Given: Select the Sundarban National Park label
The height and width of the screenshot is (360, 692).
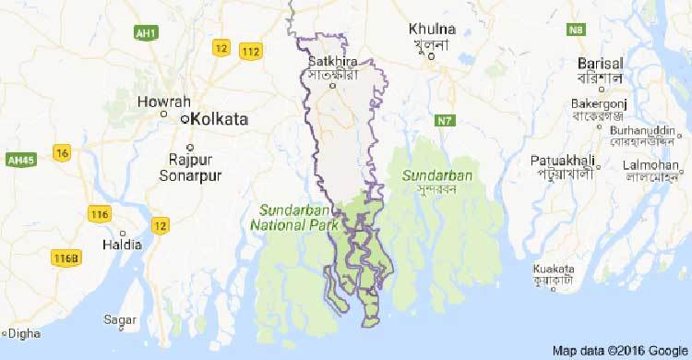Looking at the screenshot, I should [x=294, y=216].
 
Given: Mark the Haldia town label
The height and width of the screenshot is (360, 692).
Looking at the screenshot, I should [x=124, y=245].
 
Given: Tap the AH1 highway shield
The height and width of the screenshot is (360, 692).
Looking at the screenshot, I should [x=145, y=33].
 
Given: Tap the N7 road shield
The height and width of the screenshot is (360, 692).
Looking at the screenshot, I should [x=446, y=120].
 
